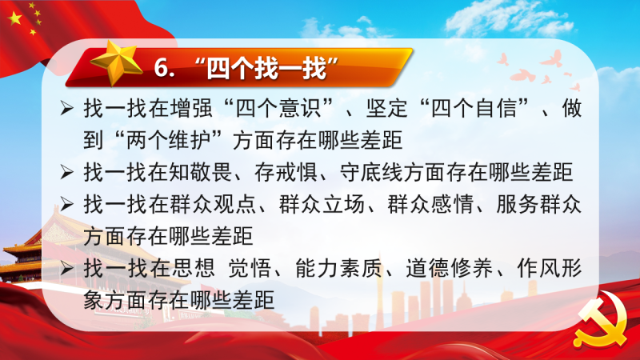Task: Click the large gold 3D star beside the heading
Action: pyautogui.click(x=116, y=62)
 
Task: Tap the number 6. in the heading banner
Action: pyautogui.click(x=165, y=67)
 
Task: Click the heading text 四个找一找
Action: pyautogui.click(x=267, y=68)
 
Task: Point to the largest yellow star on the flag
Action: pyautogui.click(x=14, y=18)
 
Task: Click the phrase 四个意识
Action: pyautogui.click(x=278, y=109)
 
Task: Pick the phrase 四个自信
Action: pyautogui.click(x=474, y=109)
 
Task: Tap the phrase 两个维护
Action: pyautogui.click(x=169, y=141)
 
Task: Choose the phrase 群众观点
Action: pyautogui.click(x=213, y=205)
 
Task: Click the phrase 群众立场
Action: pyautogui.click(x=322, y=205)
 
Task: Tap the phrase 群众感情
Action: pyautogui.click(x=430, y=205)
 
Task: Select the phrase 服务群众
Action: pyautogui.click(x=538, y=205)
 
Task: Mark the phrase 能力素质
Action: pyautogui.click(x=338, y=269)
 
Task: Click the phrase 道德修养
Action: pyautogui.click(x=449, y=269)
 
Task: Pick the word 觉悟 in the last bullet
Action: pyautogui.click(x=250, y=269)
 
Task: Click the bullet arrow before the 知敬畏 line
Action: pyautogui.click(x=67, y=173)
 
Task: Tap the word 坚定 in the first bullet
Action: pyautogui.click(x=387, y=109)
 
